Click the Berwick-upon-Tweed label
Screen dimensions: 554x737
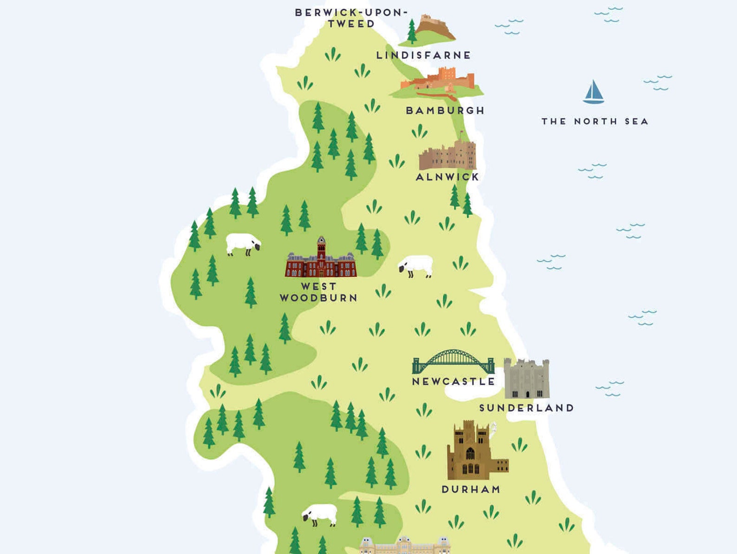coord(351,18)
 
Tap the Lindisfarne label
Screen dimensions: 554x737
coord(423,55)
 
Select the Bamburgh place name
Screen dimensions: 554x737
coord(445,111)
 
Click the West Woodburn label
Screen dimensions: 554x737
coord(319,292)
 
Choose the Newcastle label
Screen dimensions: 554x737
coord(453,382)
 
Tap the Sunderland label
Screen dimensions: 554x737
coord(527,408)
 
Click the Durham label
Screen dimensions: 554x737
coord(471,489)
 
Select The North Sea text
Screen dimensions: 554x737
coord(595,122)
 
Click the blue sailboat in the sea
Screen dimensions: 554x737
coord(593,92)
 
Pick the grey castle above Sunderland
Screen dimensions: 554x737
coord(526,379)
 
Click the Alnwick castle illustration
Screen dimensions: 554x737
coord(447,156)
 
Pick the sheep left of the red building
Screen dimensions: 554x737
coord(243,244)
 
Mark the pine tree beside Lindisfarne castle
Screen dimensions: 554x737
coord(411,31)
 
